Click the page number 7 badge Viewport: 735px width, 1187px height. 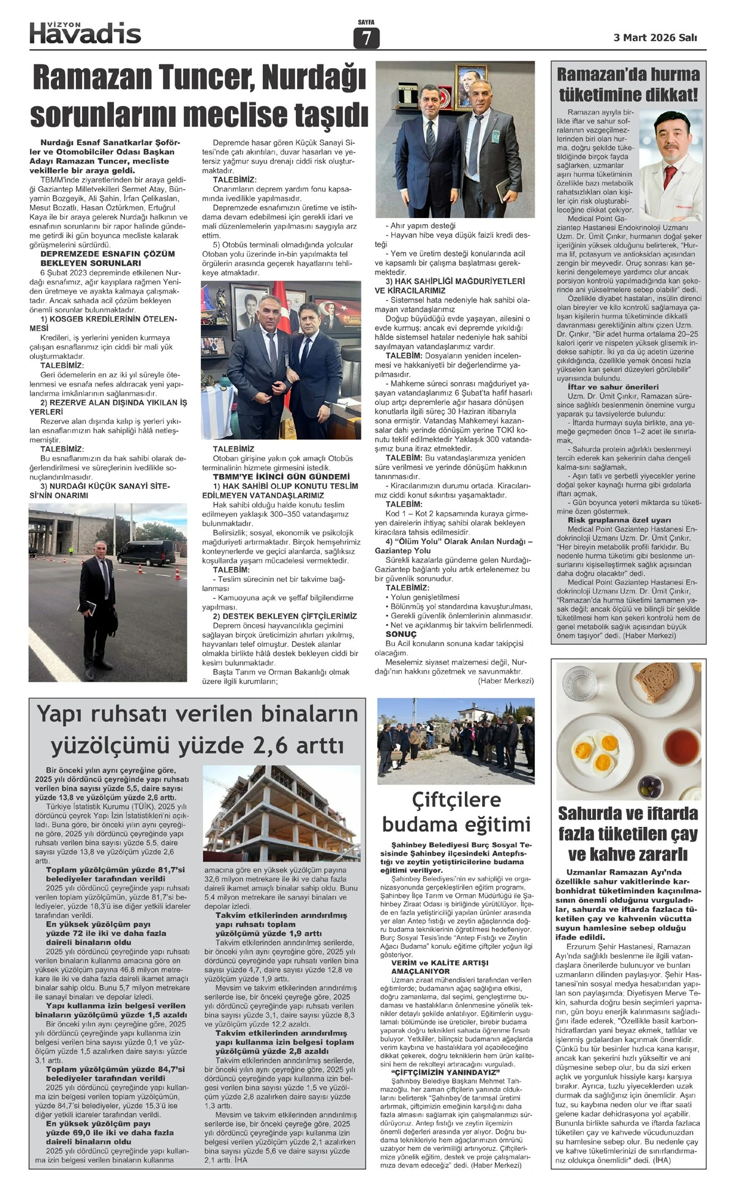pyautogui.click(x=366, y=39)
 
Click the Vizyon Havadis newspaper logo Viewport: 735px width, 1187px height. pyautogui.click(x=85, y=32)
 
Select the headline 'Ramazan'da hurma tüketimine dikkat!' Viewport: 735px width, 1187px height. pyautogui.click(x=628, y=85)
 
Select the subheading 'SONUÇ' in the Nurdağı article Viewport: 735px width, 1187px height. pyautogui.click(x=401, y=634)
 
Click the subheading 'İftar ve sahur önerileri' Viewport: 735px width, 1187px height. pyautogui.click(x=604, y=387)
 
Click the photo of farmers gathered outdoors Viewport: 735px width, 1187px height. pyautogui.click(x=455, y=740)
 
